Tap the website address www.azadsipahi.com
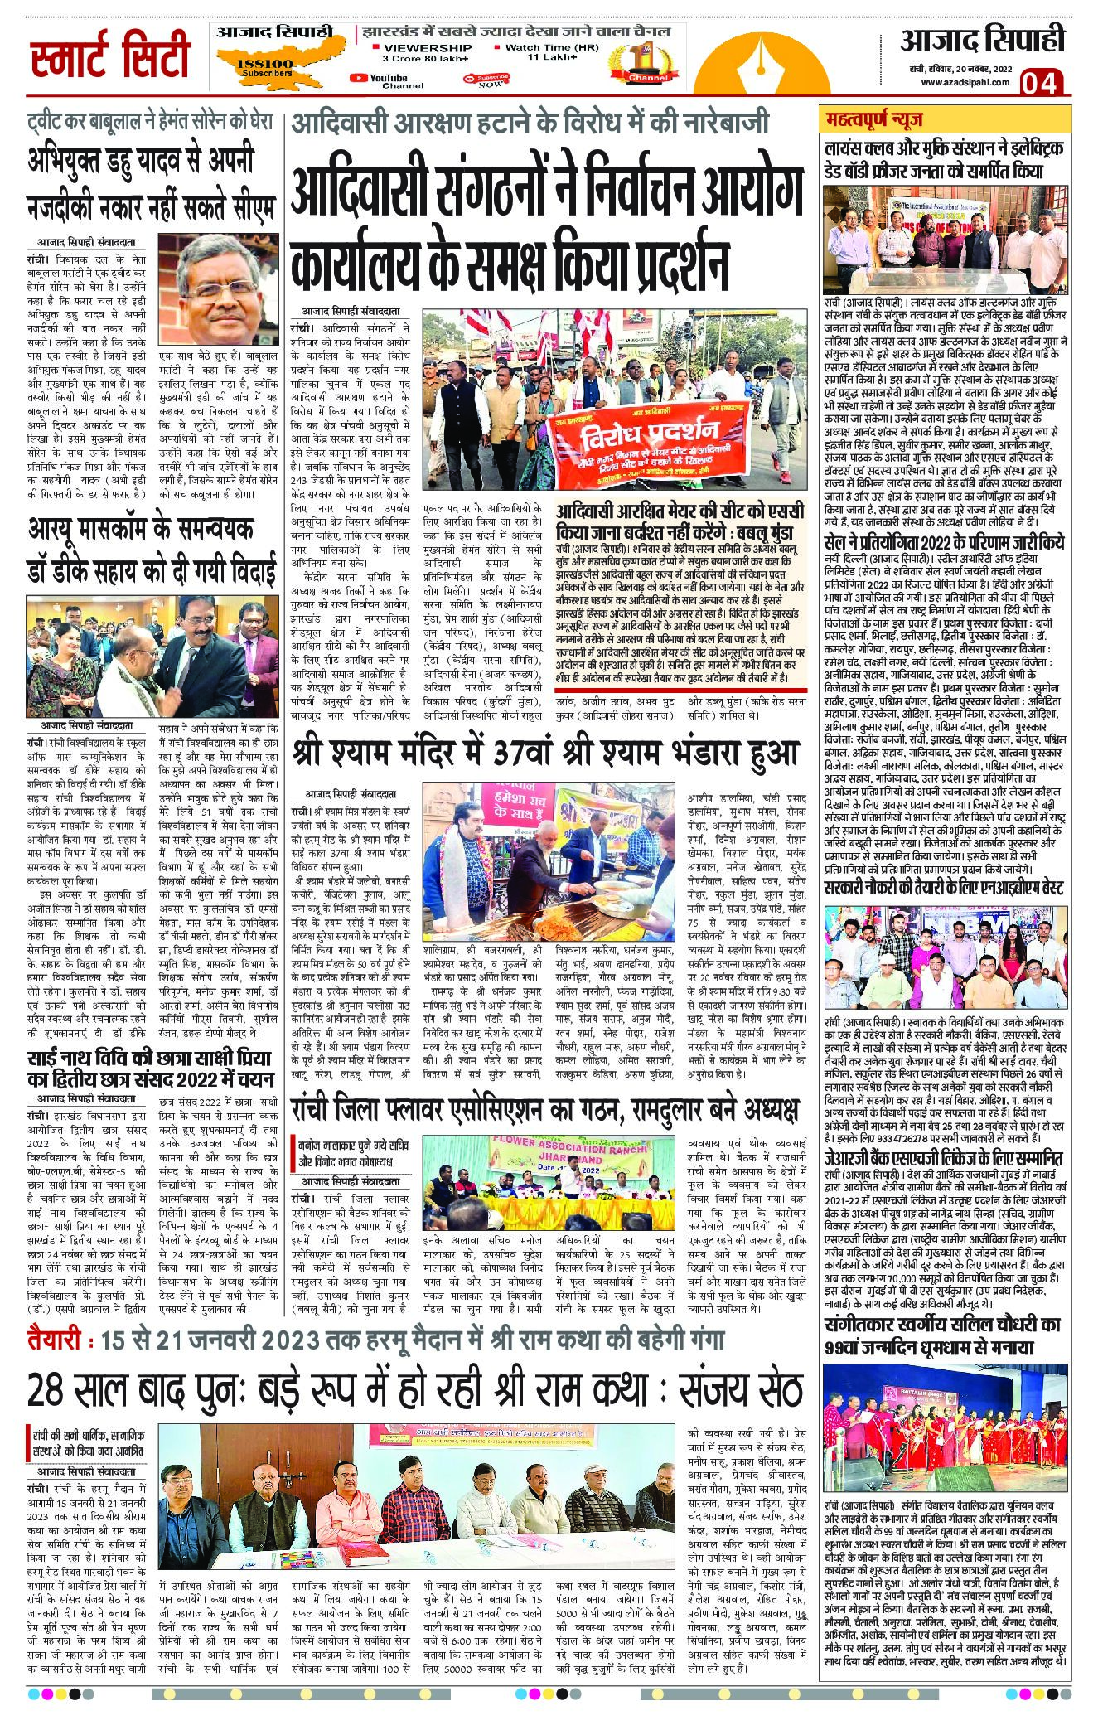964,82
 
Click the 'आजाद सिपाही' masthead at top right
982,40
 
